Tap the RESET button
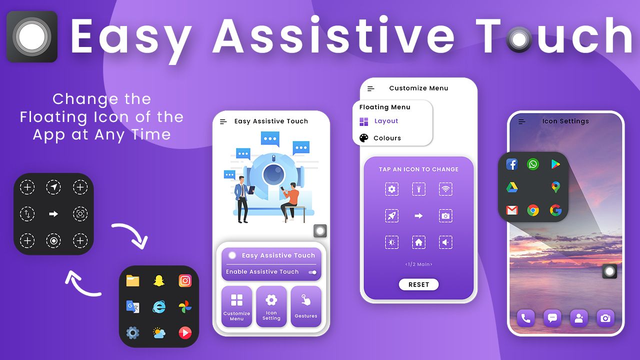(418, 284)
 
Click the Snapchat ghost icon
(159, 281)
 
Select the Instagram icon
(185, 281)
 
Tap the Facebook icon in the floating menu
(511, 164)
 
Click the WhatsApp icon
(533, 164)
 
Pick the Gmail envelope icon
(511, 210)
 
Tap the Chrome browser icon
(533, 210)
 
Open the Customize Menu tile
(236, 306)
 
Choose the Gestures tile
(306, 306)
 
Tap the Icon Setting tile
(271, 306)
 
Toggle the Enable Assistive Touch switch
(312, 272)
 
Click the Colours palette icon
(363, 138)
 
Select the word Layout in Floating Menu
(386, 121)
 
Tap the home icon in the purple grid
(418, 242)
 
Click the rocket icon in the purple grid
(391, 215)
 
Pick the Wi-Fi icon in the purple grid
(445, 189)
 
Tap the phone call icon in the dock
(525, 318)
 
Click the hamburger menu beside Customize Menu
(370, 89)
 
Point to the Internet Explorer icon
(159, 307)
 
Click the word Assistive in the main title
(333, 35)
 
